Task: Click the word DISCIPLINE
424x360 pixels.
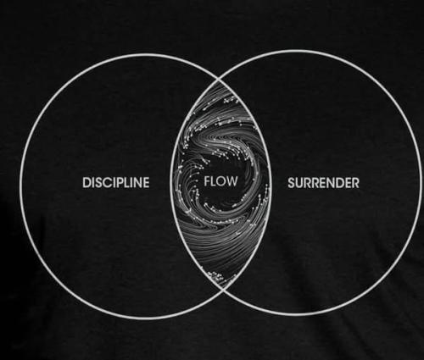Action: coord(116,182)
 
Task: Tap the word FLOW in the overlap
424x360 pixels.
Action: coord(220,181)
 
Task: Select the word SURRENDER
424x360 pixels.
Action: coord(323,183)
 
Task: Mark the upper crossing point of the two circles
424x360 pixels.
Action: coord(219,80)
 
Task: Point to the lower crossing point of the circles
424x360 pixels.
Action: coord(223,288)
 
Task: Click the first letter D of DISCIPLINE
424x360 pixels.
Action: coord(86,182)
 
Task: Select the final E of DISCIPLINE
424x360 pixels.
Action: coord(146,182)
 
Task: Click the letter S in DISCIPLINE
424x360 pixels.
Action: coord(97,182)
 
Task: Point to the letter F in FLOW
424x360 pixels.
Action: coord(207,181)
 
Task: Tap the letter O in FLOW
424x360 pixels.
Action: coord(220,181)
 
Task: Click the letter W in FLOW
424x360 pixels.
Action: coord(232,181)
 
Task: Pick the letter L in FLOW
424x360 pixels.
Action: coord(213,181)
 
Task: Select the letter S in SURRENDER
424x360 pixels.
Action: coord(292,183)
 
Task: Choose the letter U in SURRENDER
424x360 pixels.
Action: coord(300,183)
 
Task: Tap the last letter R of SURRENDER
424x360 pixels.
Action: coord(355,183)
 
